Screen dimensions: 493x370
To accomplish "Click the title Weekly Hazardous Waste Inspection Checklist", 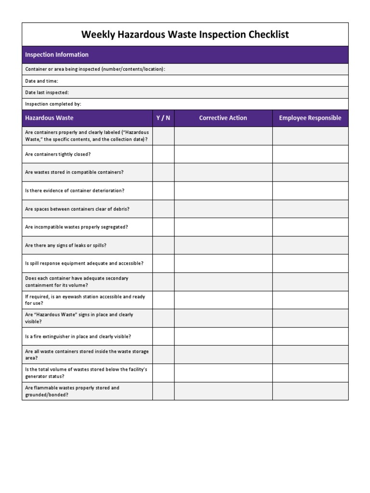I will pyautogui.click(x=185, y=35).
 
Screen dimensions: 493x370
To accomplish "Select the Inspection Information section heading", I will pyautogui.click(x=57, y=55).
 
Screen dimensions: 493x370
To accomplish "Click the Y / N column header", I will pyautogui.click(x=163, y=118).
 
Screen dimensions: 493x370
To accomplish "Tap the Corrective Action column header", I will pyautogui.click(x=223, y=118).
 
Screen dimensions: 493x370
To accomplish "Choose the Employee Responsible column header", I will pyautogui.click(x=310, y=118).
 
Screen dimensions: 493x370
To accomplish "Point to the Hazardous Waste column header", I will pyautogui.click(x=49, y=118).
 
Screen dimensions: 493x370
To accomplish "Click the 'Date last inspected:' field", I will pyautogui.click(x=185, y=92).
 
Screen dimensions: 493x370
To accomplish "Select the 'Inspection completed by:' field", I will pyautogui.click(x=185, y=104).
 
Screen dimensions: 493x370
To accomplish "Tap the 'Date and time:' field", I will pyautogui.click(x=185, y=81).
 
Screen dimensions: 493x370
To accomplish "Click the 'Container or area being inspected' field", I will pyautogui.click(x=185, y=69).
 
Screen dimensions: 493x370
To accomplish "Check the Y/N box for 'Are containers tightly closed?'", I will pyautogui.click(x=163, y=155).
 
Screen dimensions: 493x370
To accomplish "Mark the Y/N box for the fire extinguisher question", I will pyautogui.click(x=163, y=337).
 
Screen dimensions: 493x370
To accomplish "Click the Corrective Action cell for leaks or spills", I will pyautogui.click(x=223, y=246).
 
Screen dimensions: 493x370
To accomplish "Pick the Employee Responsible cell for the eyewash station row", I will pyautogui.click(x=310, y=300).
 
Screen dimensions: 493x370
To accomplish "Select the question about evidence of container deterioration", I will pyautogui.click(x=75, y=191).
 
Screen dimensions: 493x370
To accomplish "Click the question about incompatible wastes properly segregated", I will pyautogui.click(x=77, y=227).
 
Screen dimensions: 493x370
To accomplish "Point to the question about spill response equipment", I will pyautogui.click(x=84, y=264).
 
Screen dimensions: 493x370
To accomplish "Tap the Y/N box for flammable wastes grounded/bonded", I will pyautogui.click(x=163, y=391).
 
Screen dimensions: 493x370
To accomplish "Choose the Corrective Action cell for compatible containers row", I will pyautogui.click(x=223, y=172).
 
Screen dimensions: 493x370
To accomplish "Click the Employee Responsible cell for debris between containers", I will pyautogui.click(x=310, y=209).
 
